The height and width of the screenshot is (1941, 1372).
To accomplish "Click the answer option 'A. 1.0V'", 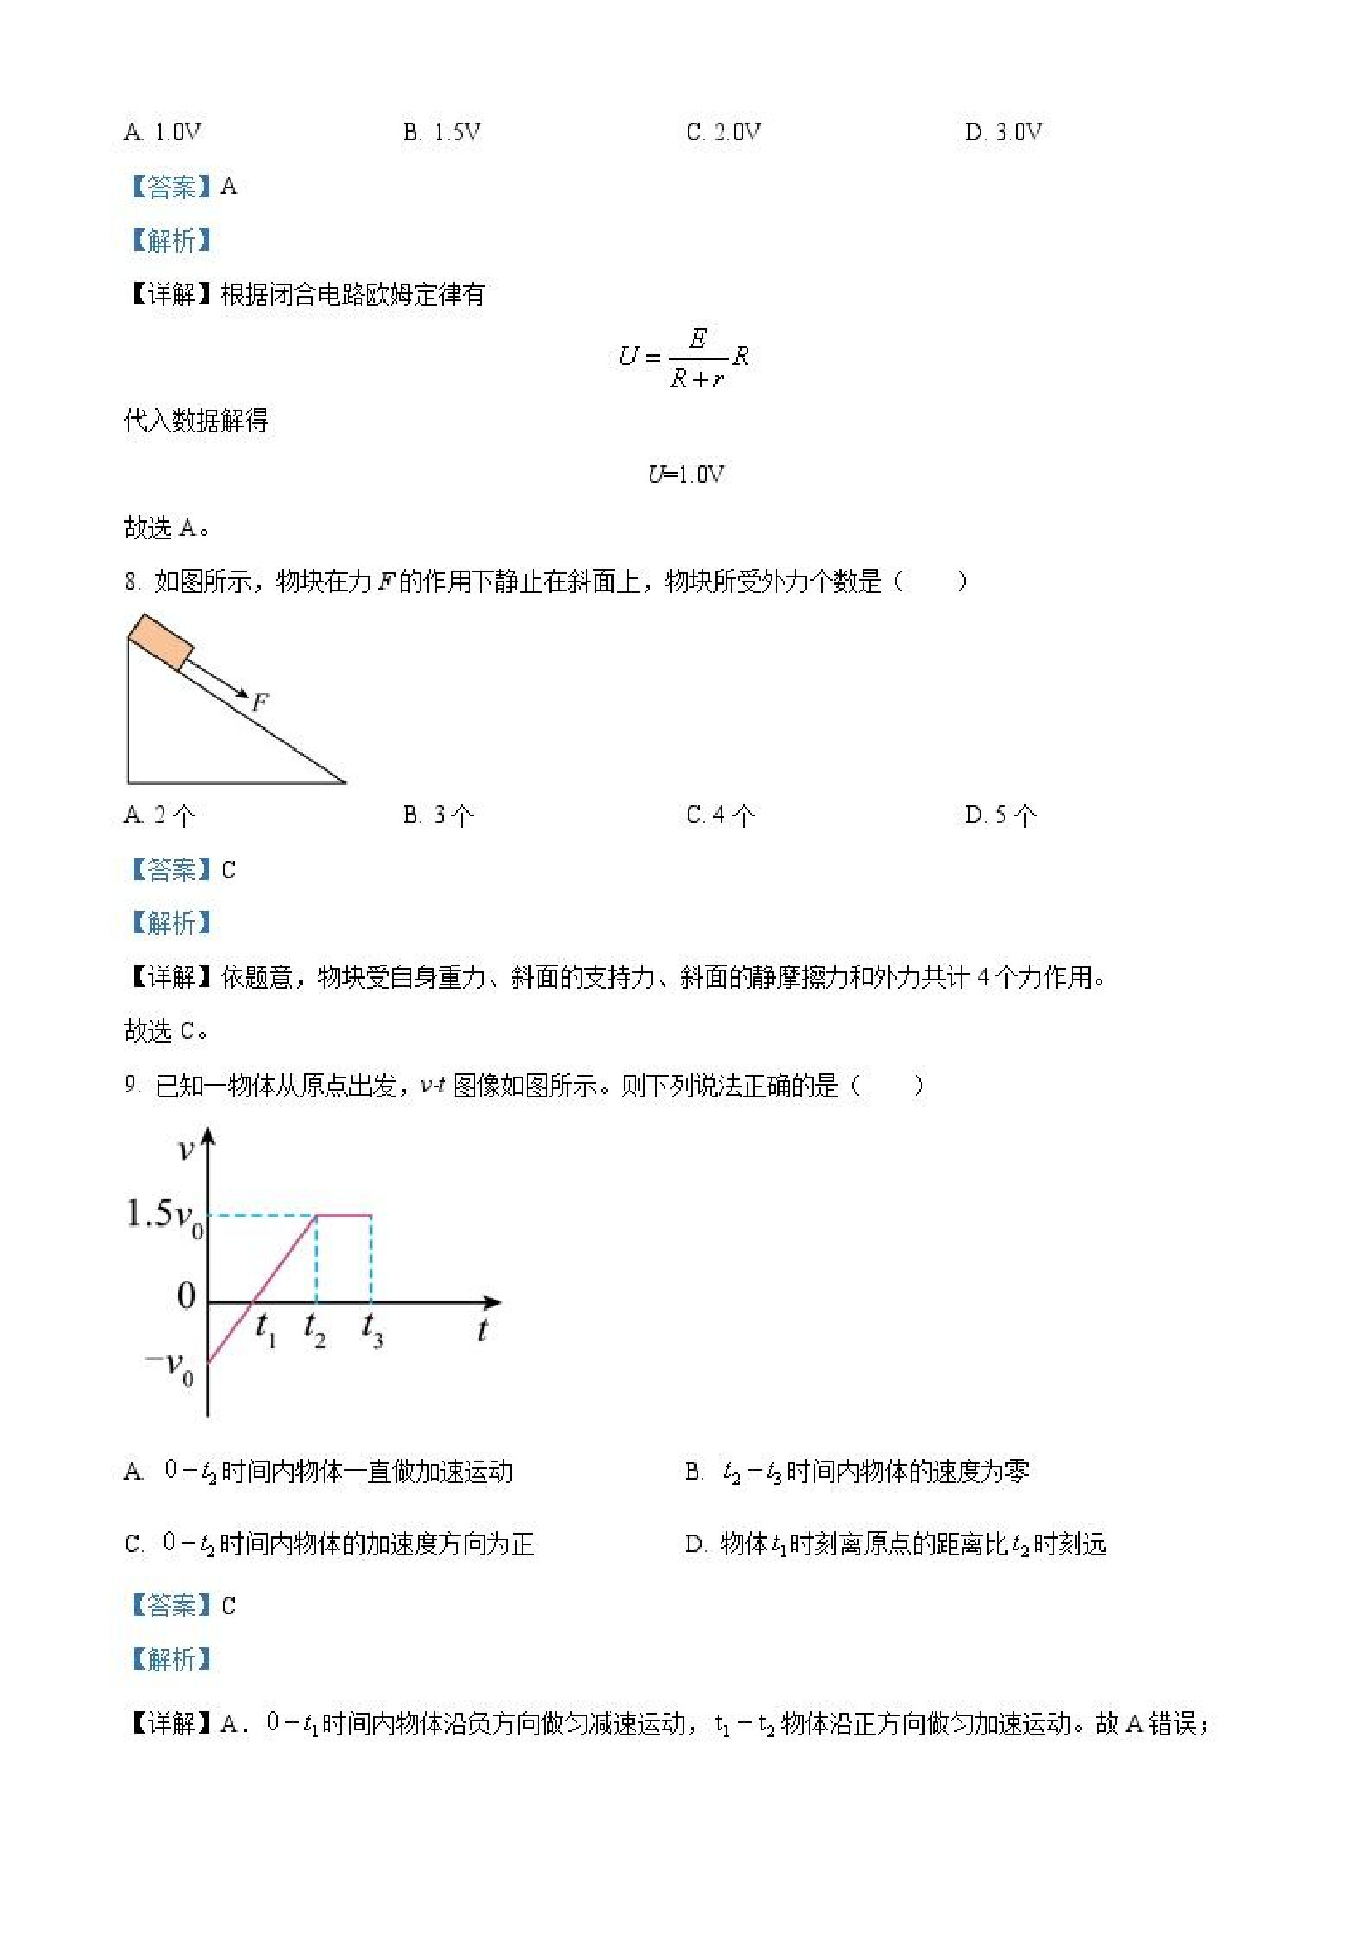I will pos(163,132).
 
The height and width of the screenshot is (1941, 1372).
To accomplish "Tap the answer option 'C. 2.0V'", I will pos(722,132).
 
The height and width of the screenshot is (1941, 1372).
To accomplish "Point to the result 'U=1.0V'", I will pos(685,474).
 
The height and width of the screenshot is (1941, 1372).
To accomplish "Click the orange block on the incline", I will pos(161,643).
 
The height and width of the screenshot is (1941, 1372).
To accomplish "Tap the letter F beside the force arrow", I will pos(260,702).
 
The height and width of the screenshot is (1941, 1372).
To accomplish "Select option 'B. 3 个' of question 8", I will pos(438,815).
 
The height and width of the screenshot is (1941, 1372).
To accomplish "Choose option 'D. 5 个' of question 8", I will pos(1001,815).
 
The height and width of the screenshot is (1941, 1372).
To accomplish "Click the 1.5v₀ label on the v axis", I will pos(164,1216).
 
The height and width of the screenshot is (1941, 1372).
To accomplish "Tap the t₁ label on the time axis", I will pos(265,1329).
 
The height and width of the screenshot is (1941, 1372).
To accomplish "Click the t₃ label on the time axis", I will pos(372,1329).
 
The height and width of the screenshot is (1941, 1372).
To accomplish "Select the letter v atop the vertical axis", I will pos(186,1150).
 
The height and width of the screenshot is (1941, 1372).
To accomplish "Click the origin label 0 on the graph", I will pos(187,1296).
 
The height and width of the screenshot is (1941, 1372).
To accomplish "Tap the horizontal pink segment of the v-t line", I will pos(344,1215).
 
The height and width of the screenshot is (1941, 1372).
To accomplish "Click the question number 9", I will pos(131,1086).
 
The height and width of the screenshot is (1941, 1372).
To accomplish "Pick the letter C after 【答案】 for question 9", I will pos(228,1605).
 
